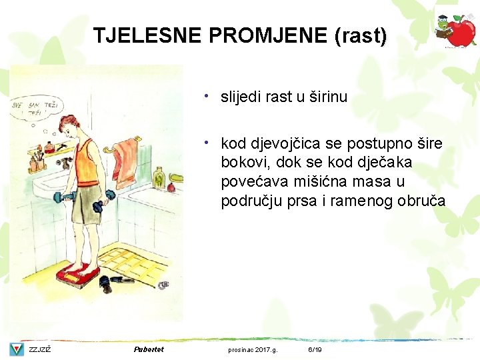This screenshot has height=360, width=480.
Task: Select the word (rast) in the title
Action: (361, 35)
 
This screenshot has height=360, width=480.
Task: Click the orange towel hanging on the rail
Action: (125, 159)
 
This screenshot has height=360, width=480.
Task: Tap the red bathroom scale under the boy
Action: (78, 273)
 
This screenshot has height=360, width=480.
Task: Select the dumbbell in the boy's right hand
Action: (61, 198)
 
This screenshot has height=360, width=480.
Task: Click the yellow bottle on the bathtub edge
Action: (159, 177)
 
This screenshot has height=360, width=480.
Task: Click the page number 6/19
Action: (315, 349)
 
